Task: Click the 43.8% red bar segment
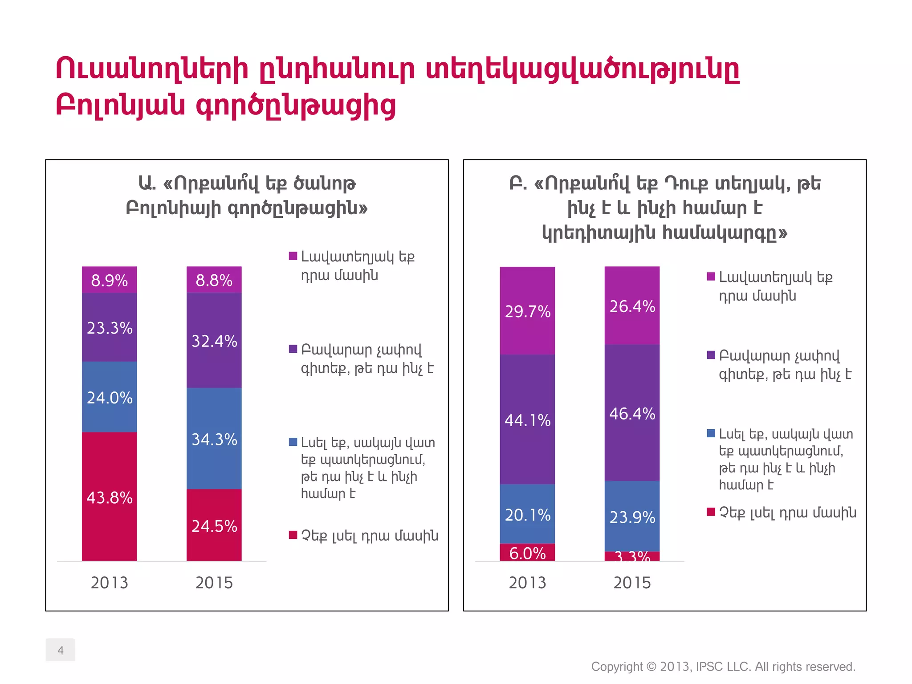pyautogui.click(x=109, y=497)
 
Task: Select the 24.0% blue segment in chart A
pyautogui.click(x=109, y=397)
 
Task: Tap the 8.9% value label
pyautogui.click(x=109, y=281)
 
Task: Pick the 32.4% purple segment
pyautogui.click(x=214, y=341)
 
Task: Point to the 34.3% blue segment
pyautogui.click(x=214, y=439)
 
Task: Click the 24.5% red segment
pyautogui.click(x=214, y=525)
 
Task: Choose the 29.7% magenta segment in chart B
pyautogui.click(x=527, y=311)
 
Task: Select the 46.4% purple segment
pyautogui.click(x=632, y=413)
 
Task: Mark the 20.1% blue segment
pyautogui.click(x=527, y=514)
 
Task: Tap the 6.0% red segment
pyautogui.click(x=527, y=553)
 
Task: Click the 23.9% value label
pyautogui.click(x=632, y=517)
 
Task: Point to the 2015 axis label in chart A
pyautogui.click(x=214, y=582)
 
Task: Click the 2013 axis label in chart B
pyautogui.click(x=527, y=582)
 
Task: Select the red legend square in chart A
pyautogui.click(x=293, y=535)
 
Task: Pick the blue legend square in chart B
pyautogui.click(x=711, y=433)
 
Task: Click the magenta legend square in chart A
pyautogui.click(x=293, y=256)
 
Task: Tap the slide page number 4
pyautogui.click(x=61, y=650)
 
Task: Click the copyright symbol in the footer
pyautogui.click(x=651, y=667)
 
